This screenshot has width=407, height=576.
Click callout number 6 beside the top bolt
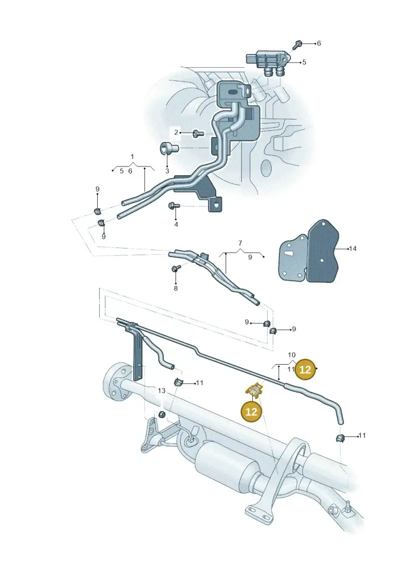point(318,43)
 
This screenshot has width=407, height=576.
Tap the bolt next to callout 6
point(297,45)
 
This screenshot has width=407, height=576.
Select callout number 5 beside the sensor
point(304,63)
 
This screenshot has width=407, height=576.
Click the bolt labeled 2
point(198,133)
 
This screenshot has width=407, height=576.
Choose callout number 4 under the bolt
point(176,224)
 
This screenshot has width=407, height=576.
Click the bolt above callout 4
point(173,206)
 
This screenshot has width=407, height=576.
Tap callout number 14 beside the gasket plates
point(353,249)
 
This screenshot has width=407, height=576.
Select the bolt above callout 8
point(175,269)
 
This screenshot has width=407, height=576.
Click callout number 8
point(176,288)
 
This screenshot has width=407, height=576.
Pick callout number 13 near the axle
point(161,391)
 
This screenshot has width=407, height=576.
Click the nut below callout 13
point(161,415)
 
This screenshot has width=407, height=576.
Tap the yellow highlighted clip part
point(254,391)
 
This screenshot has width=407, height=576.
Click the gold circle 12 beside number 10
point(305,369)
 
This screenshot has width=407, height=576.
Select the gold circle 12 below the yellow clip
point(251,412)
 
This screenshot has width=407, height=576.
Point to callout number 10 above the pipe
point(292,355)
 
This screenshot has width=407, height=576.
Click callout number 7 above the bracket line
point(240,243)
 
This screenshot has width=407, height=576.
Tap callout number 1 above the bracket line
point(132,157)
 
